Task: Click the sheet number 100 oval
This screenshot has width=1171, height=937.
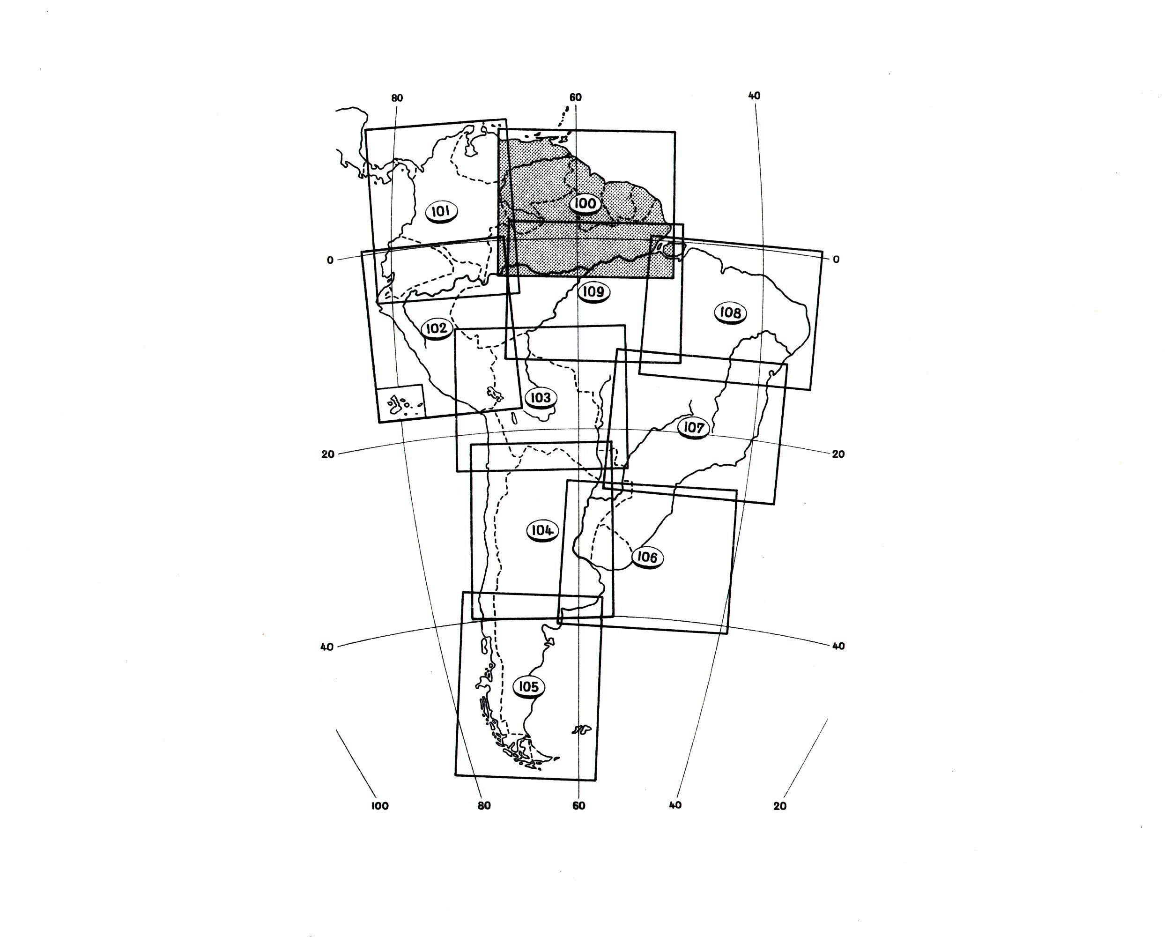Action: tap(585, 204)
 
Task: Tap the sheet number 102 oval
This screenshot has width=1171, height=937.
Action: tap(437, 328)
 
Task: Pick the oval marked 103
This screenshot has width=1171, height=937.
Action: tap(541, 398)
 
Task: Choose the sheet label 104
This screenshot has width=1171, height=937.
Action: tap(542, 530)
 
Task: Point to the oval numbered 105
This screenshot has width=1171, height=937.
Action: tap(528, 687)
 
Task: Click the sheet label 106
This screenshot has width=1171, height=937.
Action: tap(647, 558)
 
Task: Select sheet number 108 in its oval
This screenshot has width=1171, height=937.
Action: tap(731, 313)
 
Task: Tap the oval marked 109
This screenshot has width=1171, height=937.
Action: tap(593, 292)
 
